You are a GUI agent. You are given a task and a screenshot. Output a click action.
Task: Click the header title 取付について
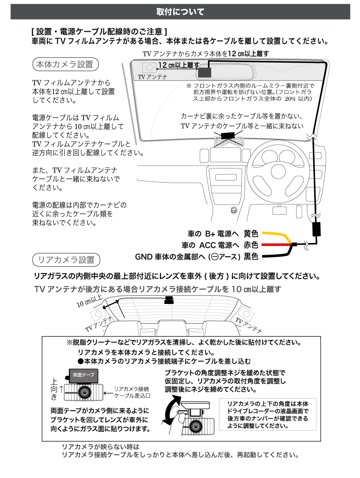click(x=180, y=12)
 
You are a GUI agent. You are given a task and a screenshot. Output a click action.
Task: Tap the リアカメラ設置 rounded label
click(x=66, y=260)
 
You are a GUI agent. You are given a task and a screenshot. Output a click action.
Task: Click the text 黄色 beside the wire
click(x=251, y=234)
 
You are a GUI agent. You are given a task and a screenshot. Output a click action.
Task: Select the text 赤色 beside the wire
click(x=251, y=245)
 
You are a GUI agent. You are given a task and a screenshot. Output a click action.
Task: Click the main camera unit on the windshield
click(x=204, y=72)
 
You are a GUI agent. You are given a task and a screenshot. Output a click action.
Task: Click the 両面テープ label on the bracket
click(x=84, y=374)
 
